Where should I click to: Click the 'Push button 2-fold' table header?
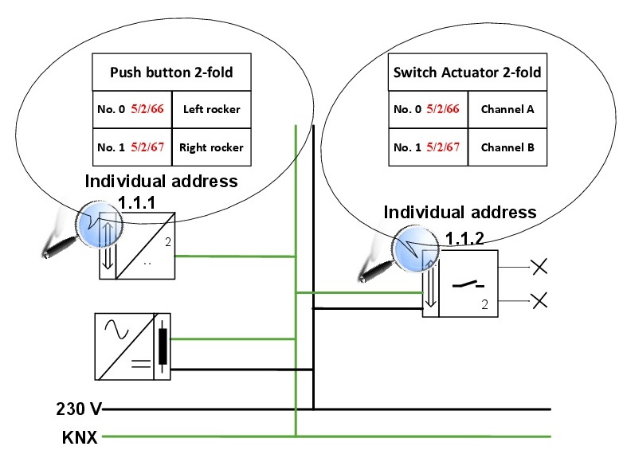171,73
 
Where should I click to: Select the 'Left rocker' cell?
211,109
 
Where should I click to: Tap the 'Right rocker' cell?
211,147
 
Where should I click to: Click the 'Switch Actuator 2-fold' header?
467,73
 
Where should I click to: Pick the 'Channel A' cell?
507,109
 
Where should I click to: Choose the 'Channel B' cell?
507,147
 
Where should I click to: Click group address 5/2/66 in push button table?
147,109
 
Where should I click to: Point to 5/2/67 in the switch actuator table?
444,147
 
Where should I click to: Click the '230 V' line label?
79,410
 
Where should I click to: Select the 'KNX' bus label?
80,437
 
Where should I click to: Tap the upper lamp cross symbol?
539,266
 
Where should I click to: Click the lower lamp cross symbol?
539,300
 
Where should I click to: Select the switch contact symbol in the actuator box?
467,284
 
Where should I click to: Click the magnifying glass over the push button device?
93,217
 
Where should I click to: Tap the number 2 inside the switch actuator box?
484,305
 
